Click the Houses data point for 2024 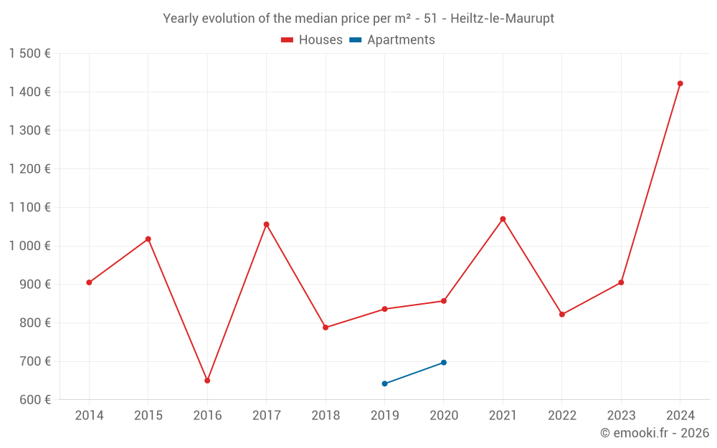coord(680,84)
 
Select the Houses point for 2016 coord(207,381)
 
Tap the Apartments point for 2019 coord(384,383)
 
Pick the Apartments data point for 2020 coord(444,363)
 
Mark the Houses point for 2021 coord(503,219)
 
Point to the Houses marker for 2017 coord(266,224)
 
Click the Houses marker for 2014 coord(89,282)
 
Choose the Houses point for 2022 coord(562,315)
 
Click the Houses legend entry coord(312,40)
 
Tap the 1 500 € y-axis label coord(30,54)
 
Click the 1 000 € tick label coord(30,246)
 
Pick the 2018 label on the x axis coord(326,416)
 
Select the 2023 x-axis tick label coord(621,416)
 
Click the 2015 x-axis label coord(148,416)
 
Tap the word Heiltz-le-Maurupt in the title coord(502,19)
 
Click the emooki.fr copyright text coord(655,433)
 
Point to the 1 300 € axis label coord(30,130)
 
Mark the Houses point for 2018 coord(326,328)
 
